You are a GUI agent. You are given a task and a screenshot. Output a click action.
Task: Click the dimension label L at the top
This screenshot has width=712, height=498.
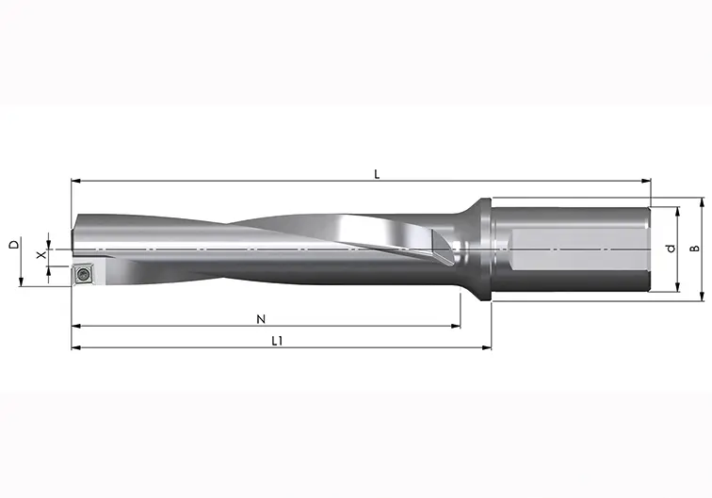point(377,174)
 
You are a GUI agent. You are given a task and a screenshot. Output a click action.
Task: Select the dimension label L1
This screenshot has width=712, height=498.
point(277,341)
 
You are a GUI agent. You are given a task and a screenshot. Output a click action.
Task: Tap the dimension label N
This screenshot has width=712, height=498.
point(261,319)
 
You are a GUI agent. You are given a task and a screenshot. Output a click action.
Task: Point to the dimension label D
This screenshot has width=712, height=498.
point(14,244)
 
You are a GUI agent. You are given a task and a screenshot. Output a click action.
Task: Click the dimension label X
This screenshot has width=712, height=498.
point(41,255)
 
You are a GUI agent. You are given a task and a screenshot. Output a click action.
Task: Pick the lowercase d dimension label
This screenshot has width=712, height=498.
point(671,249)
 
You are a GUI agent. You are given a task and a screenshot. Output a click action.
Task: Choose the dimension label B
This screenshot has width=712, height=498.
point(695,249)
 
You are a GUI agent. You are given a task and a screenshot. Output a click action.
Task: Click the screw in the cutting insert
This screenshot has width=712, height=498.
point(83,274)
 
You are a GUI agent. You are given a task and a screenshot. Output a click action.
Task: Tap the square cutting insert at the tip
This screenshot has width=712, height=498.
point(83,274)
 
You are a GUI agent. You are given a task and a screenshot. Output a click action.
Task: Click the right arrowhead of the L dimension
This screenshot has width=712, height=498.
point(646,181)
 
